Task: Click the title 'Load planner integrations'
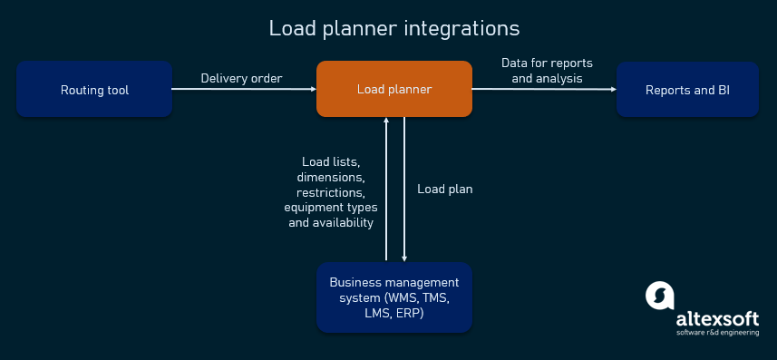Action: pos(393,29)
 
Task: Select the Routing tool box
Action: pos(94,90)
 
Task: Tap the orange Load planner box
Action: pos(393,89)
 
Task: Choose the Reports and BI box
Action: pos(687,90)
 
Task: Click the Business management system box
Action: pos(393,297)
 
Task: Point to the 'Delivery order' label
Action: pos(241,78)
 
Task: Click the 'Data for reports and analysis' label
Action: pos(547,71)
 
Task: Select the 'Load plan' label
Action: pos(445,190)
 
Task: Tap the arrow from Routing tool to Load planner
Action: pos(245,89)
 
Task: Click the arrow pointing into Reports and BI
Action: pos(544,89)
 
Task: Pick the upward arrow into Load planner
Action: pos(387,190)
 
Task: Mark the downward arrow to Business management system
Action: pos(403,190)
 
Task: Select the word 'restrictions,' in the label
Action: pos(331,193)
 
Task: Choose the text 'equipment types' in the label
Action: pos(331,208)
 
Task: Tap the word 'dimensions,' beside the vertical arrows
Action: pos(331,178)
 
